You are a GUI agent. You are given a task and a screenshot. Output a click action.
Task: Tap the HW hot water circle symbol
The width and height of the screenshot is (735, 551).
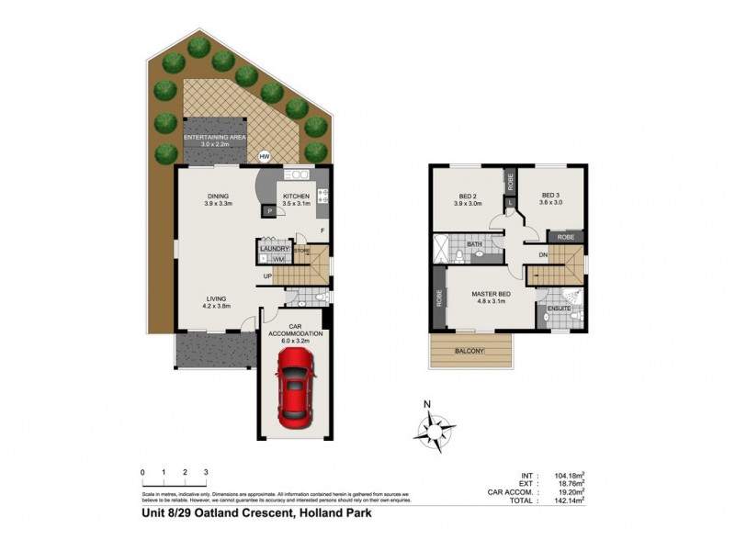point(265,157)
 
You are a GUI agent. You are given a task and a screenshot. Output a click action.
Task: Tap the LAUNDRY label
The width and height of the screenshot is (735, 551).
point(275,249)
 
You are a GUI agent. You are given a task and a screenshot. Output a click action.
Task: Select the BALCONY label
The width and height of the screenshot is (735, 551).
point(469,350)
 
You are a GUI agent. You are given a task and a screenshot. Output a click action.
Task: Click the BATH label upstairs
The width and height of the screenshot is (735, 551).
point(475,245)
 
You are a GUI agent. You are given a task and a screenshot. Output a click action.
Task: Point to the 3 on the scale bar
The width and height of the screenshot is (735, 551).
point(207,472)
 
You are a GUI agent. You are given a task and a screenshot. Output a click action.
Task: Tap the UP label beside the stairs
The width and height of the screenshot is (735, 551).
point(266,275)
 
